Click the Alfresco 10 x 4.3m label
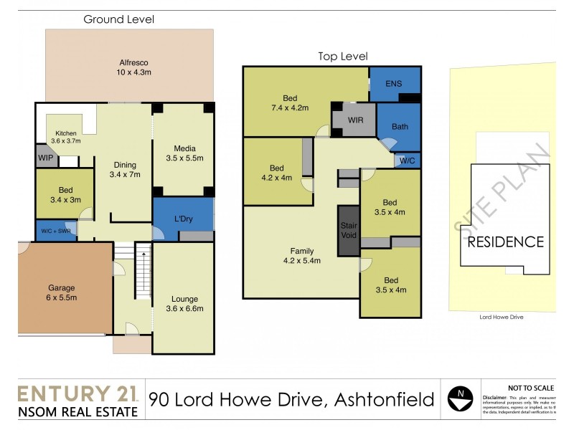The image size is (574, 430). [x=130, y=67]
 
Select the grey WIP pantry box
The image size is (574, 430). [x=47, y=157]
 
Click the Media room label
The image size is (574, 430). [x=184, y=153]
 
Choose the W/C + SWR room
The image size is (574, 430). [x=55, y=231]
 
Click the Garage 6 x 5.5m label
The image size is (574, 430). [x=61, y=292]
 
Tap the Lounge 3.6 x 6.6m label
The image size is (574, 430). [x=184, y=304]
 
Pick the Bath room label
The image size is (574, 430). [x=400, y=127]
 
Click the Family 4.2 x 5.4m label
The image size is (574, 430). [x=301, y=256]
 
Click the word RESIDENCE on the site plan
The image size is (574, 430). [x=506, y=242]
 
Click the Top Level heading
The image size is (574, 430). [x=343, y=56]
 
